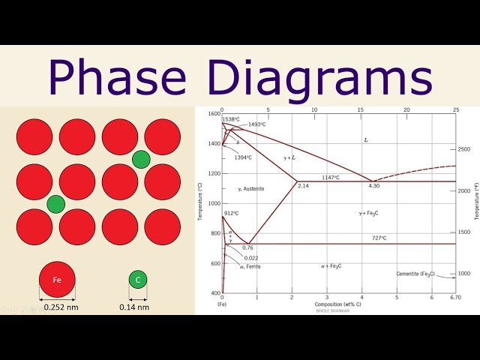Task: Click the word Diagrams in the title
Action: tap(308, 77)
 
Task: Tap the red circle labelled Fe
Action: tap(57, 280)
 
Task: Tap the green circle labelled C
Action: tap(137, 280)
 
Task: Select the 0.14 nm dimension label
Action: tap(134, 307)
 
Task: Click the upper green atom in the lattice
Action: tap(141, 159)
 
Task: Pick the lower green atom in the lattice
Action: tap(55, 203)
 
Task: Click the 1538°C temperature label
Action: tap(231, 118)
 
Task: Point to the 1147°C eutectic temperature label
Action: tap(331, 177)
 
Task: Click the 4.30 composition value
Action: tap(374, 186)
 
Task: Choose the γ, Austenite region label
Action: tap(251, 188)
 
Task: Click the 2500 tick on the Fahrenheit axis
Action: tap(463, 149)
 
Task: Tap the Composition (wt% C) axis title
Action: tap(338, 304)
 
